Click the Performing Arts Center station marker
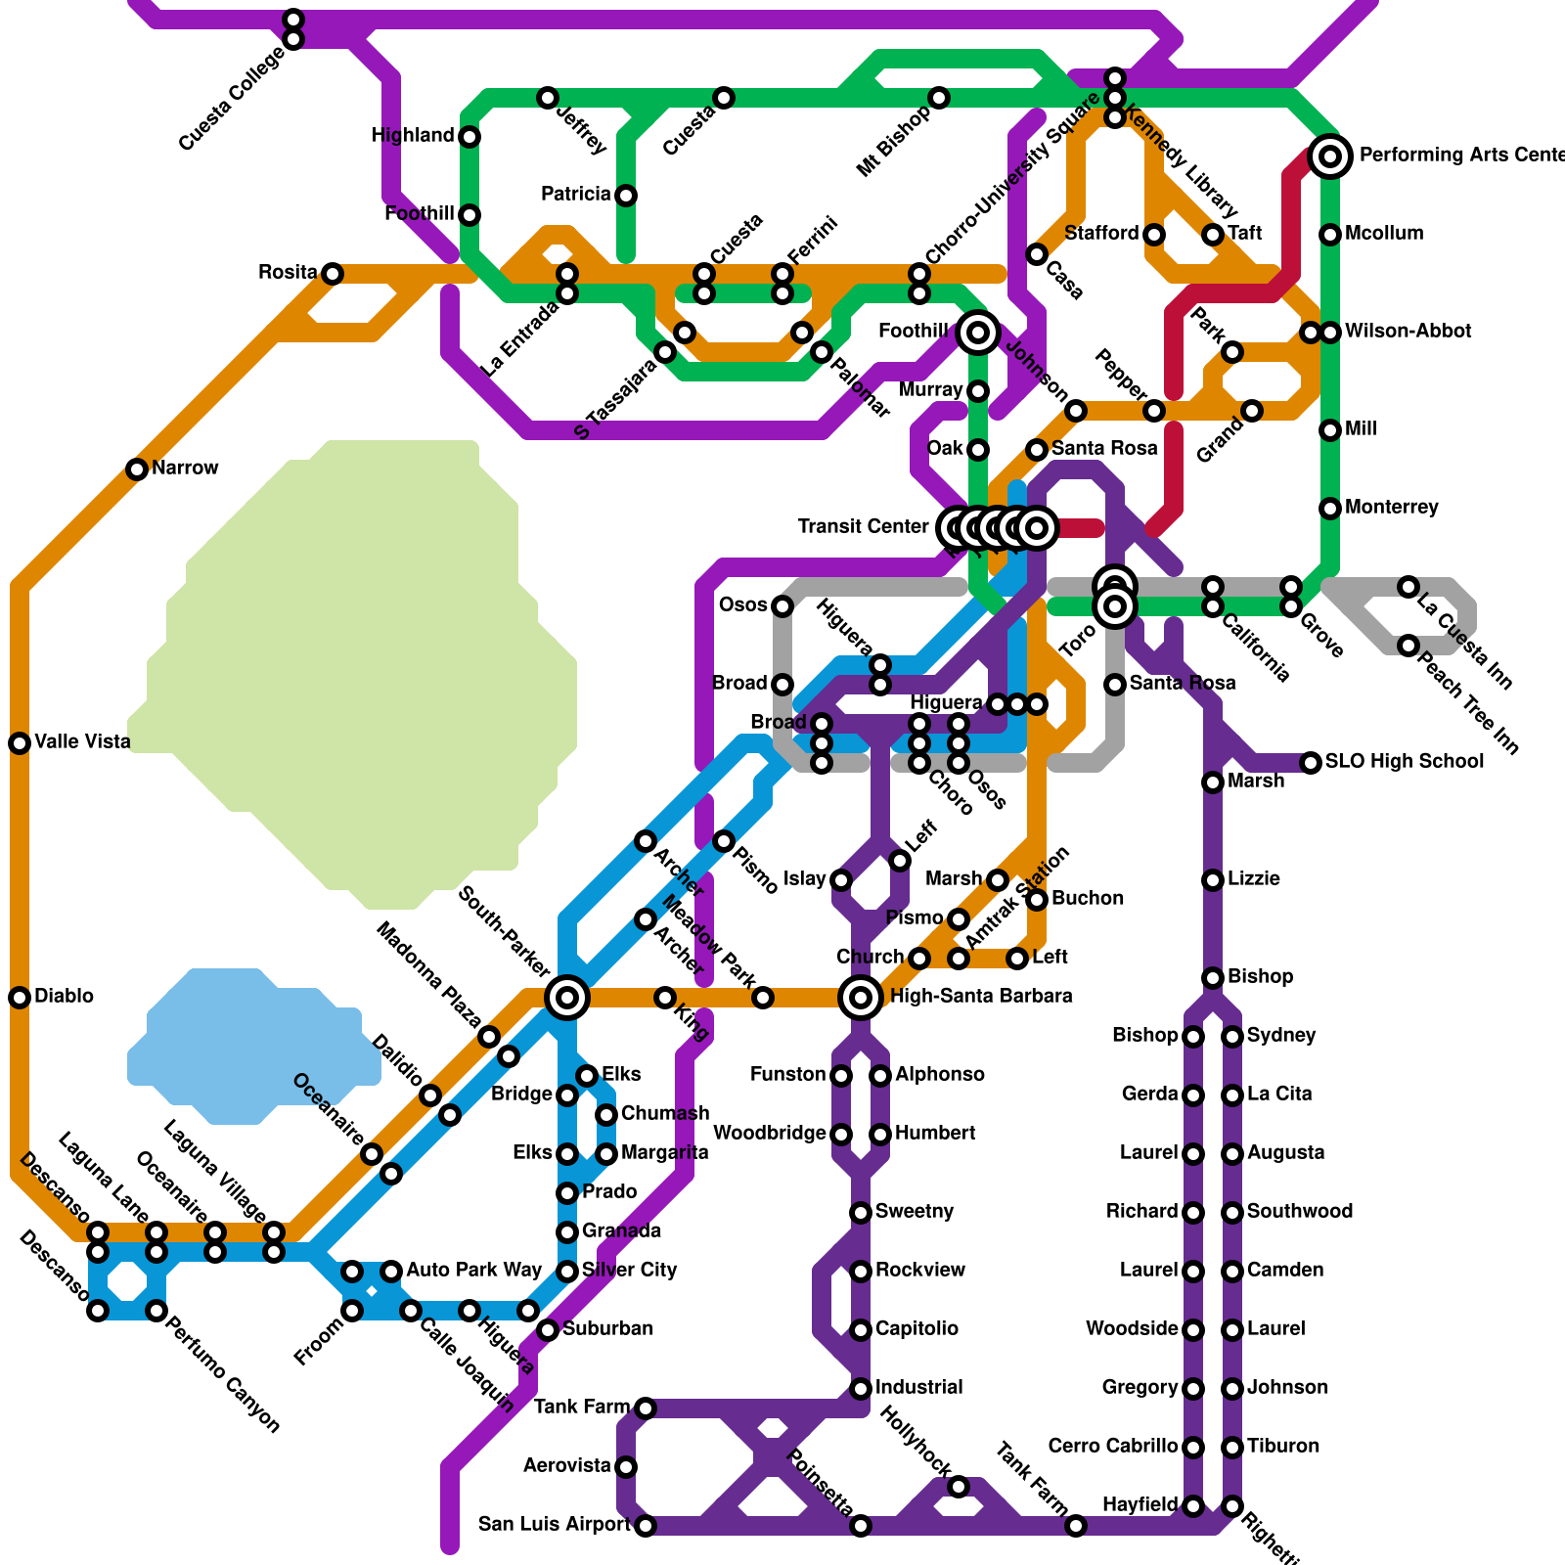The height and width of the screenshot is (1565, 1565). [1330, 156]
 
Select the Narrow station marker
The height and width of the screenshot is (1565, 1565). [137, 469]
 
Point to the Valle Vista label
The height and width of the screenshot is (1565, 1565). [82, 742]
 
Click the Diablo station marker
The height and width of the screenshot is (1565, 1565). [20, 998]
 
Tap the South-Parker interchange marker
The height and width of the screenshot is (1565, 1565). [567, 998]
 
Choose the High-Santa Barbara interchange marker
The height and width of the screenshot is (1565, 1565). [861, 998]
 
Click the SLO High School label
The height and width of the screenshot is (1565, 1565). [1404, 762]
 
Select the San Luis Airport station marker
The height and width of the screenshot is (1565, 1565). [646, 1526]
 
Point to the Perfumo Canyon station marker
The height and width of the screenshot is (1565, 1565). [156, 1311]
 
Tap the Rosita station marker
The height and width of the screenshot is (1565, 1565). [333, 274]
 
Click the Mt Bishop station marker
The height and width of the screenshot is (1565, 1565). [939, 98]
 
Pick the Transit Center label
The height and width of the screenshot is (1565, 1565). [863, 527]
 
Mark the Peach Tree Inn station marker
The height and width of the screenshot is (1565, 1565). [1408, 646]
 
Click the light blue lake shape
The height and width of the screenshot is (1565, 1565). [254, 1047]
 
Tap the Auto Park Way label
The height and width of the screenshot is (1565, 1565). [473, 1271]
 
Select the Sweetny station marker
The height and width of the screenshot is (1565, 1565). [861, 1213]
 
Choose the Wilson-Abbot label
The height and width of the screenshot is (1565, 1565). [1408, 332]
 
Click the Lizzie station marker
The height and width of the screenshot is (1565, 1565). [1213, 880]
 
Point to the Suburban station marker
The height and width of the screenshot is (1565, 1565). [548, 1330]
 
